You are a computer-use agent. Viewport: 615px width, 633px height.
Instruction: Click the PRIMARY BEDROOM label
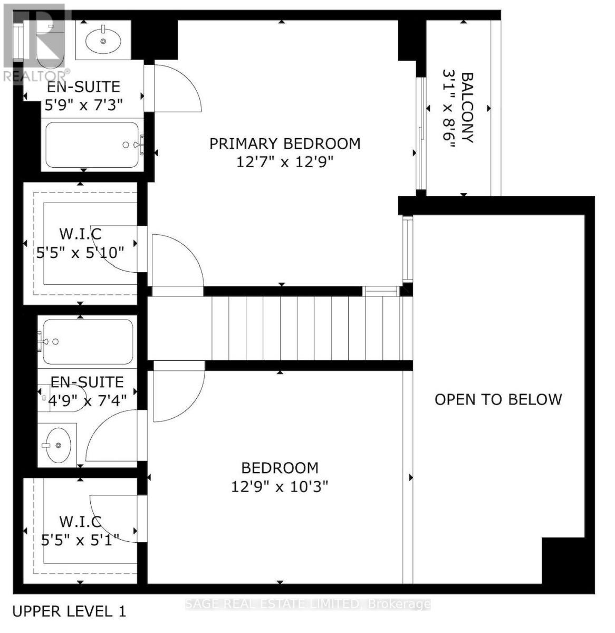pyautogui.click(x=285, y=143)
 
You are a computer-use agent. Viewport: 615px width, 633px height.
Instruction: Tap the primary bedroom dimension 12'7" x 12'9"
pyautogui.click(x=285, y=161)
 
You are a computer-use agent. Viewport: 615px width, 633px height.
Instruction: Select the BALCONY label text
pyautogui.click(x=467, y=108)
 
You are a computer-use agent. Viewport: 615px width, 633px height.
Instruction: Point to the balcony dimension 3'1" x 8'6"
pyautogui.click(x=449, y=108)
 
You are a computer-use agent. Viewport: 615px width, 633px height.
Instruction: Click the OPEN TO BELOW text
pyautogui.click(x=498, y=399)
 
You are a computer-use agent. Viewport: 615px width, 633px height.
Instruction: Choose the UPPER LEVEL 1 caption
pyautogui.click(x=69, y=611)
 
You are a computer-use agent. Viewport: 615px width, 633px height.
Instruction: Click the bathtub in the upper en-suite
pyautogui.click(x=92, y=145)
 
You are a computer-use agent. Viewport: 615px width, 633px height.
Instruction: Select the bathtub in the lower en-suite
pyautogui.click(x=88, y=341)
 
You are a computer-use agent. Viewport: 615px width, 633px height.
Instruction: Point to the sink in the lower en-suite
pyautogui.click(x=57, y=445)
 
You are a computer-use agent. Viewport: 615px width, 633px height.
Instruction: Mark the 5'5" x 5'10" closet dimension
pyautogui.click(x=80, y=252)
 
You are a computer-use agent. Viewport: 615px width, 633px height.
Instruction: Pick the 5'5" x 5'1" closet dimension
pyautogui.click(x=80, y=540)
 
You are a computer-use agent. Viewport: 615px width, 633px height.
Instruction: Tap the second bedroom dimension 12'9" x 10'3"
pyautogui.click(x=280, y=486)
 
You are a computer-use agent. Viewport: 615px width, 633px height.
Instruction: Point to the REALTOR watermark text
pyautogui.click(x=36, y=75)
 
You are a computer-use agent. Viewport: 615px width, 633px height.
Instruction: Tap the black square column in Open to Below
pyautogui.click(x=563, y=560)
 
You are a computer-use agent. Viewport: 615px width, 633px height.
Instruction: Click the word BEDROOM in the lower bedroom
pyautogui.click(x=280, y=468)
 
